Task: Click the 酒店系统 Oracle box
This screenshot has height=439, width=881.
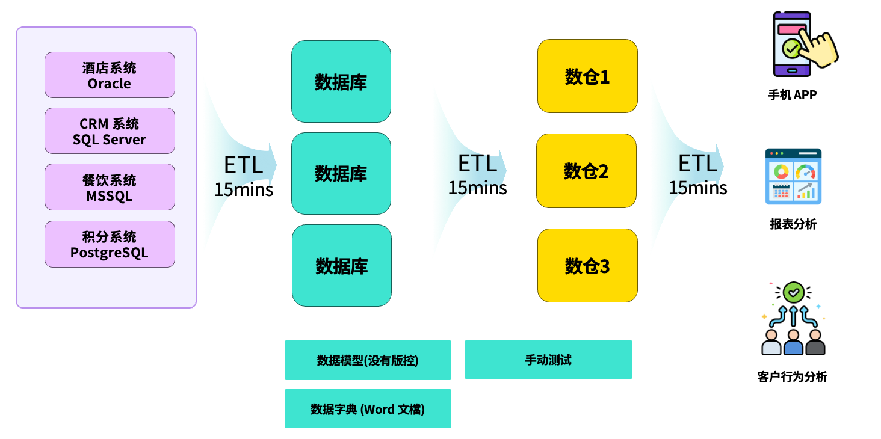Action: [x=110, y=75]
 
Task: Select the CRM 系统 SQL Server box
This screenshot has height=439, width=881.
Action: [x=110, y=131]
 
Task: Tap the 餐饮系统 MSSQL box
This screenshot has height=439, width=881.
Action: [x=110, y=187]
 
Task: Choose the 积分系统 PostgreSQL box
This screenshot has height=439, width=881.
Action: [x=110, y=244]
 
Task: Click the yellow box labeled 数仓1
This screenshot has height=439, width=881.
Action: [x=587, y=76]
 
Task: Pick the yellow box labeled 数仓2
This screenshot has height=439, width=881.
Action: [x=586, y=171]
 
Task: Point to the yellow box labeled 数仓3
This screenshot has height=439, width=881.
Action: [x=587, y=265]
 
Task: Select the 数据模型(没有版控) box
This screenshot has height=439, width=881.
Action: [x=368, y=360]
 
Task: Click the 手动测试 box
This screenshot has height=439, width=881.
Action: [x=548, y=360]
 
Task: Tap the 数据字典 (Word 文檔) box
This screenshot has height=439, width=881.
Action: [x=368, y=409]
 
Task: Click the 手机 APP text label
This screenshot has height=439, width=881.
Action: [x=792, y=95]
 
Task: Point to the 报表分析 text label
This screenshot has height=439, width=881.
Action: [x=793, y=224]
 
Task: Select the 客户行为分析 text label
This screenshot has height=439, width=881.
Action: [x=792, y=377]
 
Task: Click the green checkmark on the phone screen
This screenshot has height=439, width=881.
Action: [x=790, y=48]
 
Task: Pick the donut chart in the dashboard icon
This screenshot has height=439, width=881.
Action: [x=781, y=171]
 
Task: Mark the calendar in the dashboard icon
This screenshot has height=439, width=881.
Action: [x=781, y=191]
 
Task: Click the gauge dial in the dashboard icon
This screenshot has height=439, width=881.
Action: [x=805, y=172]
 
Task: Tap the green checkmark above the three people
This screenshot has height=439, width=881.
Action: [x=794, y=293]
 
